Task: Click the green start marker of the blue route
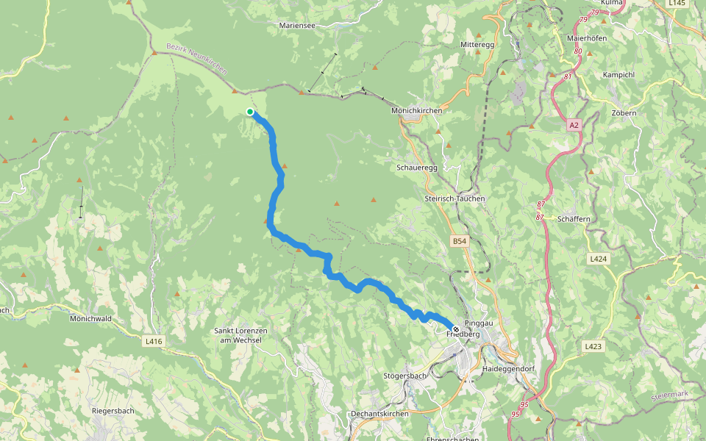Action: pos(250,112)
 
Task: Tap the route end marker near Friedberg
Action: pos(456,329)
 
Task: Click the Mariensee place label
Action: pos(298,25)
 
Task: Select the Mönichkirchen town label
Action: pos(417,110)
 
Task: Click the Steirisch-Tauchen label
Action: pos(455,198)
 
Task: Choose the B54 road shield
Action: pos(460,241)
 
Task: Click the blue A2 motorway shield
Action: pos(574,126)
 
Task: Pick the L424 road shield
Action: pos(598,259)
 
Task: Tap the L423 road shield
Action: pos(594,346)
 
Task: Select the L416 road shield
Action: pos(154,341)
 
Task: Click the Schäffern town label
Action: pos(574,219)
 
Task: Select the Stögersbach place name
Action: pos(405,376)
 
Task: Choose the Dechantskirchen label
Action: pos(379,414)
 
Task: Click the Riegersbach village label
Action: pos(113,411)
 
